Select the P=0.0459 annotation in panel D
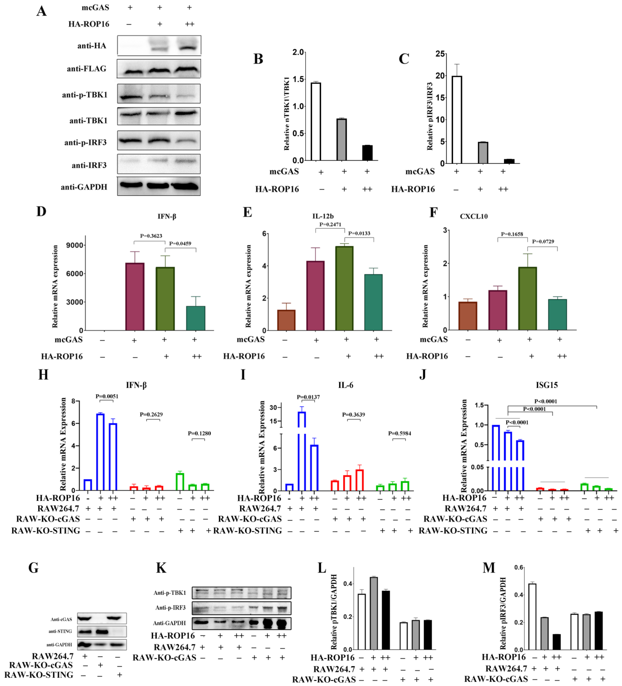pos(180,243)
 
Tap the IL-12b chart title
pos(323,216)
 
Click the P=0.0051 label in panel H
pos(107,396)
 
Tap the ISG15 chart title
pos(547,385)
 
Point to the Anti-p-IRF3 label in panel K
pos(170,607)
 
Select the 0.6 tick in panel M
pos(519,567)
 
